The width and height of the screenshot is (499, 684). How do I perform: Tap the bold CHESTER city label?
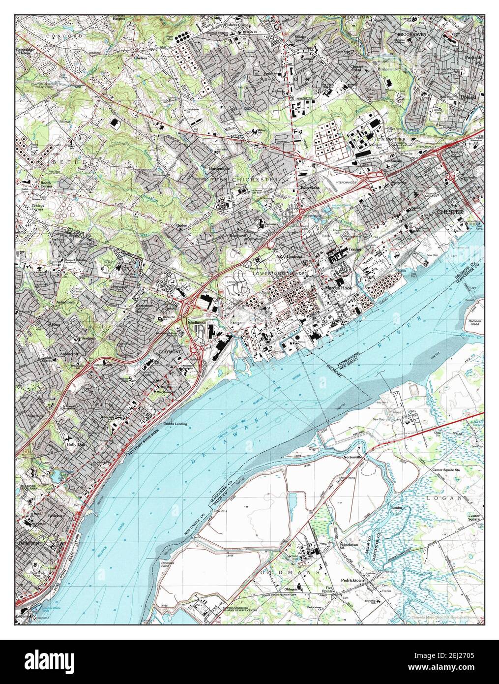point(450,212)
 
